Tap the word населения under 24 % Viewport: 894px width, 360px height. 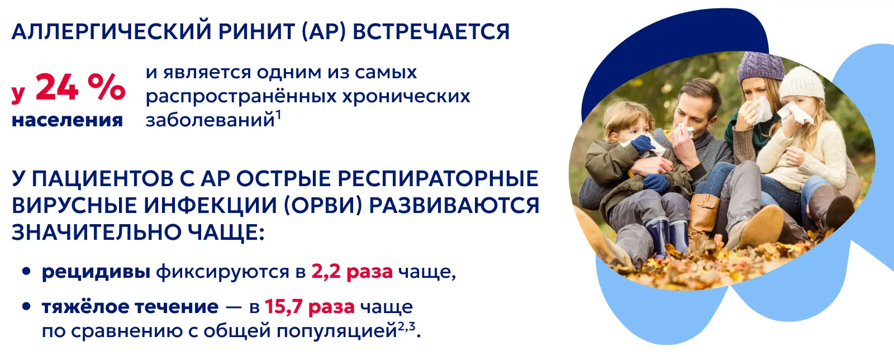point(67,120)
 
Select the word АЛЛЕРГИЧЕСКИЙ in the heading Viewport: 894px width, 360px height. point(111,32)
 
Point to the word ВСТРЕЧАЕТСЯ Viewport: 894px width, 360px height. point(431,32)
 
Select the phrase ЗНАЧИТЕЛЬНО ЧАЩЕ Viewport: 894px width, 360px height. point(138,233)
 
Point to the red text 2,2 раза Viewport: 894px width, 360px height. point(352,272)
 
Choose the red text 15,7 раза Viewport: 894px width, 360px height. point(310,307)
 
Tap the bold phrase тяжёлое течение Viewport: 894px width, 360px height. point(130,307)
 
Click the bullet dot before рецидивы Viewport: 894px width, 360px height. point(27,272)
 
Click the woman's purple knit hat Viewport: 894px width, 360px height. point(760,67)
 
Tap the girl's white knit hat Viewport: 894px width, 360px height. point(801,83)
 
